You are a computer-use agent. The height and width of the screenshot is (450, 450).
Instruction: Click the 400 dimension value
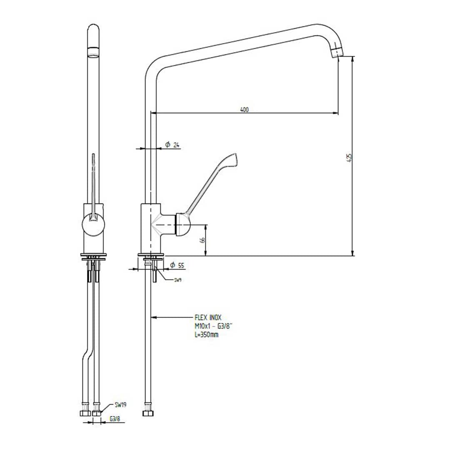point(244,110)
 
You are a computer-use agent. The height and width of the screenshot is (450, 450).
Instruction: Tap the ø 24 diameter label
point(172,145)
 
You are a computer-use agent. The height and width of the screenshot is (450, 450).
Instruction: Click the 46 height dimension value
point(202,240)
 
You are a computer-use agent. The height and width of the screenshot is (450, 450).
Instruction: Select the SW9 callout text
point(178,280)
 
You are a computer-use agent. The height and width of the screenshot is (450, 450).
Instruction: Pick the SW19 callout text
point(121,405)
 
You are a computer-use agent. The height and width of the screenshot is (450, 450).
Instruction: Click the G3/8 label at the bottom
point(115,419)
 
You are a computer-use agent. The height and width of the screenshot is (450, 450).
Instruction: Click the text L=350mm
point(206,335)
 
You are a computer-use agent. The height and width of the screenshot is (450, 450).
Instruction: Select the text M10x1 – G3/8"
point(213,326)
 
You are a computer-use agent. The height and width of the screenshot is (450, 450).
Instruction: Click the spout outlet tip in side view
point(337,53)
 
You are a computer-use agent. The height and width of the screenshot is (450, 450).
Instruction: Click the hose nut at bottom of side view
point(147,413)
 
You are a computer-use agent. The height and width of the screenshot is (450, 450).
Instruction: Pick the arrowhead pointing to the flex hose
point(153,317)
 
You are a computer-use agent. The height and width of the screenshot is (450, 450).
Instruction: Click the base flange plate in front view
point(93,255)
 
